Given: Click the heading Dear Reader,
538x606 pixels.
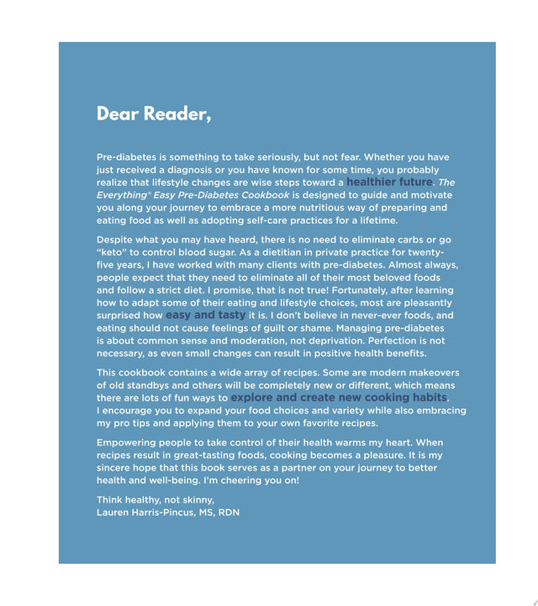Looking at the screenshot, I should pyautogui.click(x=154, y=114).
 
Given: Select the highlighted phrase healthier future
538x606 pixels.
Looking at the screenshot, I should pyautogui.click(x=389, y=182).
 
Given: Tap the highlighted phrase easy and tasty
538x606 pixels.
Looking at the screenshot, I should pyautogui.click(x=205, y=315).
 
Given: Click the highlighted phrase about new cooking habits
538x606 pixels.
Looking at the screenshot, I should pyautogui.click(x=339, y=397).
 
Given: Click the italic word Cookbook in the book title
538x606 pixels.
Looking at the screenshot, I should pyautogui.click(x=260, y=194).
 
